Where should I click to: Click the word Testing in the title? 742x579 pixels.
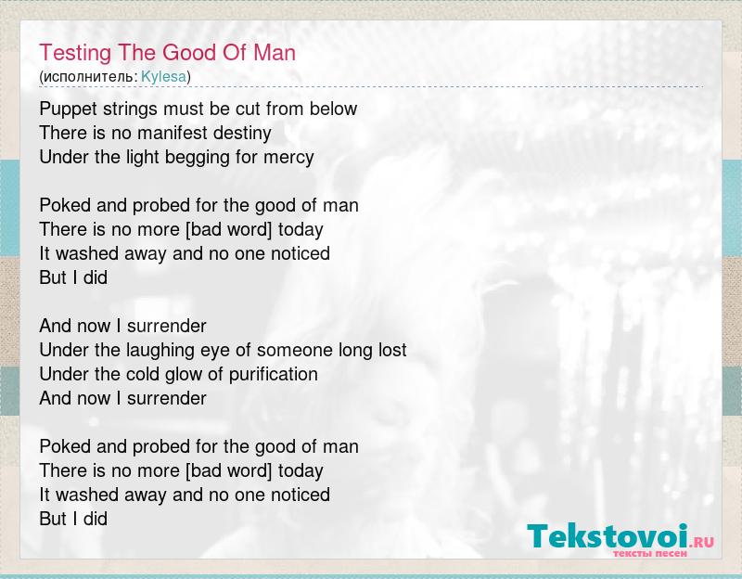75,53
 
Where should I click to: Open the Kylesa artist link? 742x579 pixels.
164,77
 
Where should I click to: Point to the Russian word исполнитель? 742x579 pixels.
90,77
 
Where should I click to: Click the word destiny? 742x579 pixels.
242,134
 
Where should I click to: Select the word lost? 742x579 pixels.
392,350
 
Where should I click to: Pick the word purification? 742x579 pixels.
273,375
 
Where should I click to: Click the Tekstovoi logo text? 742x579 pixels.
608,536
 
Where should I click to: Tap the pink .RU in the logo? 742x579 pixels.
702,541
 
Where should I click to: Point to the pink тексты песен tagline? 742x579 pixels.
650,553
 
